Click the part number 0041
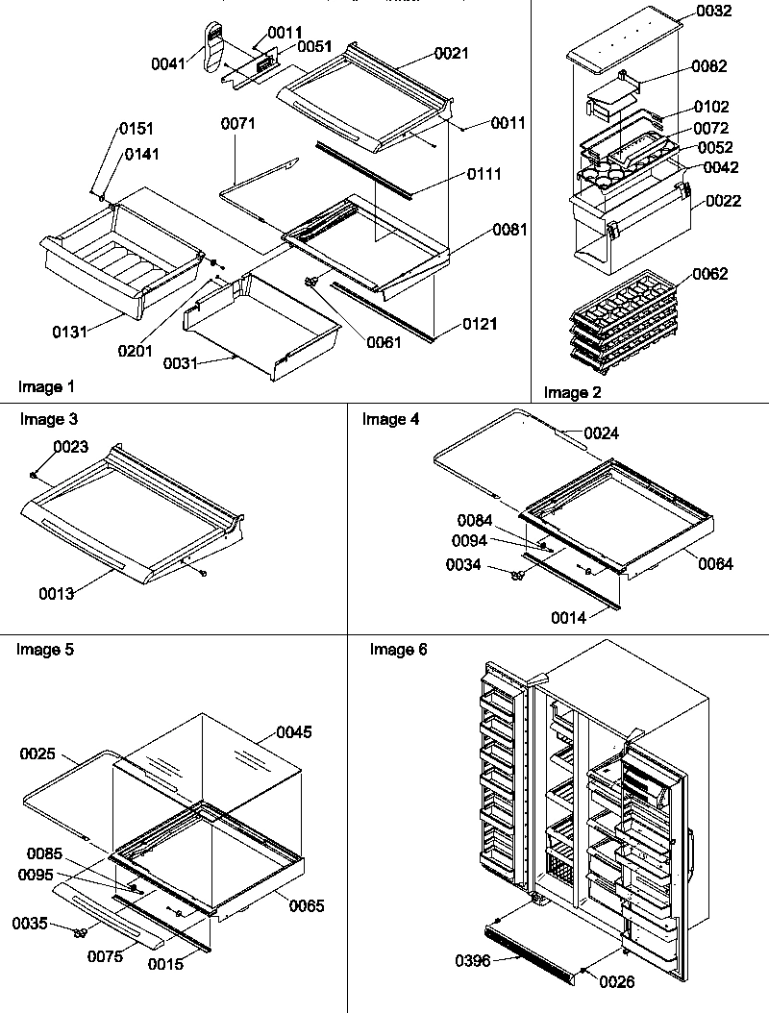[169, 63]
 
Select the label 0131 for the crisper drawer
[70, 332]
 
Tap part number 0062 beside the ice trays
[710, 274]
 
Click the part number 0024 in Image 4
[601, 433]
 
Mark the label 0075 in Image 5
[106, 956]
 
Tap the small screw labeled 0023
[35, 473]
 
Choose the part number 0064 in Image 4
[715, 564]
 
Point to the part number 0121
[481, 324]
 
